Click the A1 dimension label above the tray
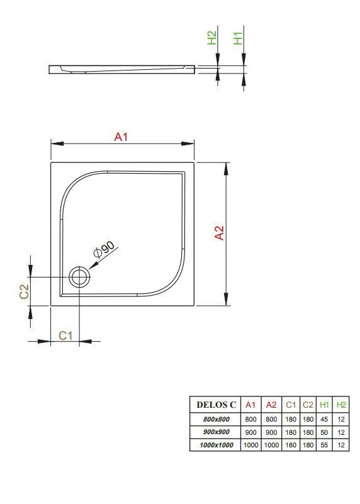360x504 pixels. [121, 137]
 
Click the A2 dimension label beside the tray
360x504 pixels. [219, 233]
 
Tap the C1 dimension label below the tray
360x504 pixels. [65, 335]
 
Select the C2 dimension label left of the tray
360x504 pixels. [24, 291]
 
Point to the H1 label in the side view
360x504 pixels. [238, 38]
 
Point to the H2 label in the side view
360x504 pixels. [212, 38]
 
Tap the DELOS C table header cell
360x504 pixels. [216, 405]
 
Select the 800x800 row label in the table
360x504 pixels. [217, 419]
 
